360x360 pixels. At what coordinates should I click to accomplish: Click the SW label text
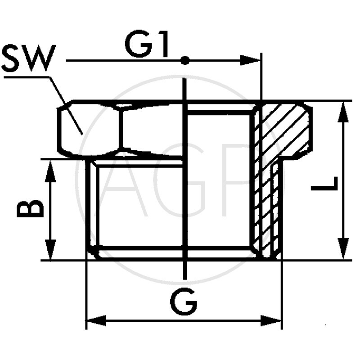(x=28, y=58)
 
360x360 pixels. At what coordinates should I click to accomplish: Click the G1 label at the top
(x=147, y=46)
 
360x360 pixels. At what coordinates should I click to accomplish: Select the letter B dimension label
(x=31, y=209)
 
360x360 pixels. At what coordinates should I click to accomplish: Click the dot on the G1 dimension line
(x=185, y=60)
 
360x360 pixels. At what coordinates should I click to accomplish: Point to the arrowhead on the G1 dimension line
(x=250, y=60)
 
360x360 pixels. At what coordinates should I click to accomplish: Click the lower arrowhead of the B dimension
(x=50, y=250)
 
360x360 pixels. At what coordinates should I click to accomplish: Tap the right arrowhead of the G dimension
(x=272, y=321)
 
